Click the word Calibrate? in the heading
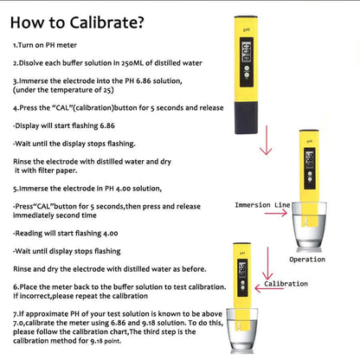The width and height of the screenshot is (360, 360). (x=106, y=22)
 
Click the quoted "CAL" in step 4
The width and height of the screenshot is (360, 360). (x=61, y=107)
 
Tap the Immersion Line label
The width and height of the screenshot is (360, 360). (x=262, y=205)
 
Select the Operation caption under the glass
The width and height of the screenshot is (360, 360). (x=307, y=260)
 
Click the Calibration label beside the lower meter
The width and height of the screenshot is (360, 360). (x=286, y=284)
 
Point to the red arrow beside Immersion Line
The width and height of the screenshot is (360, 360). (x=276, y=213)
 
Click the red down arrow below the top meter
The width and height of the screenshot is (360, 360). (x=266, y=140)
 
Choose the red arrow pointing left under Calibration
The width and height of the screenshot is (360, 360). (x=269, y=288)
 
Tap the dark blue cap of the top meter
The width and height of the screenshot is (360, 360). (x=246, y=118)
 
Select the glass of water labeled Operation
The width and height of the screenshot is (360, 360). (x=309, y=225)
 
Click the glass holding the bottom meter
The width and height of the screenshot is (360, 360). (x=241, y=331)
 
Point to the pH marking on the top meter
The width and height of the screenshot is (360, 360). (x=246, y=29)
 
